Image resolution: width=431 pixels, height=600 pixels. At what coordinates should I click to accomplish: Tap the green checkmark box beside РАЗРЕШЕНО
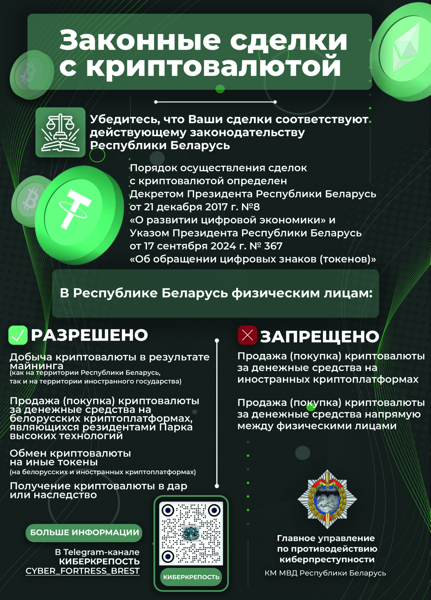(18, 335)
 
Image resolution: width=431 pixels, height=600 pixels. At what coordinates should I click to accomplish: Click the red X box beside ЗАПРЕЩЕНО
(247, 335)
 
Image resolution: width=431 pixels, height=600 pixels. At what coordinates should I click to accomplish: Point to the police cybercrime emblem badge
(327, 499)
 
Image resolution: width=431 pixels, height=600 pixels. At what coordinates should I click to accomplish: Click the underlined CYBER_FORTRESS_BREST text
(83, 571)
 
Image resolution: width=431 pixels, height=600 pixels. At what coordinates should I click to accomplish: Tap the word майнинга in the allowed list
(37, 366)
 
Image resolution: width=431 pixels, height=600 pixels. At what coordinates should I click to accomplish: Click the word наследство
(65, 495)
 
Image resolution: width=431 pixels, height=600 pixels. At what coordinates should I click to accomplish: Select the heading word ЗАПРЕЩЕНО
(319, 337)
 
